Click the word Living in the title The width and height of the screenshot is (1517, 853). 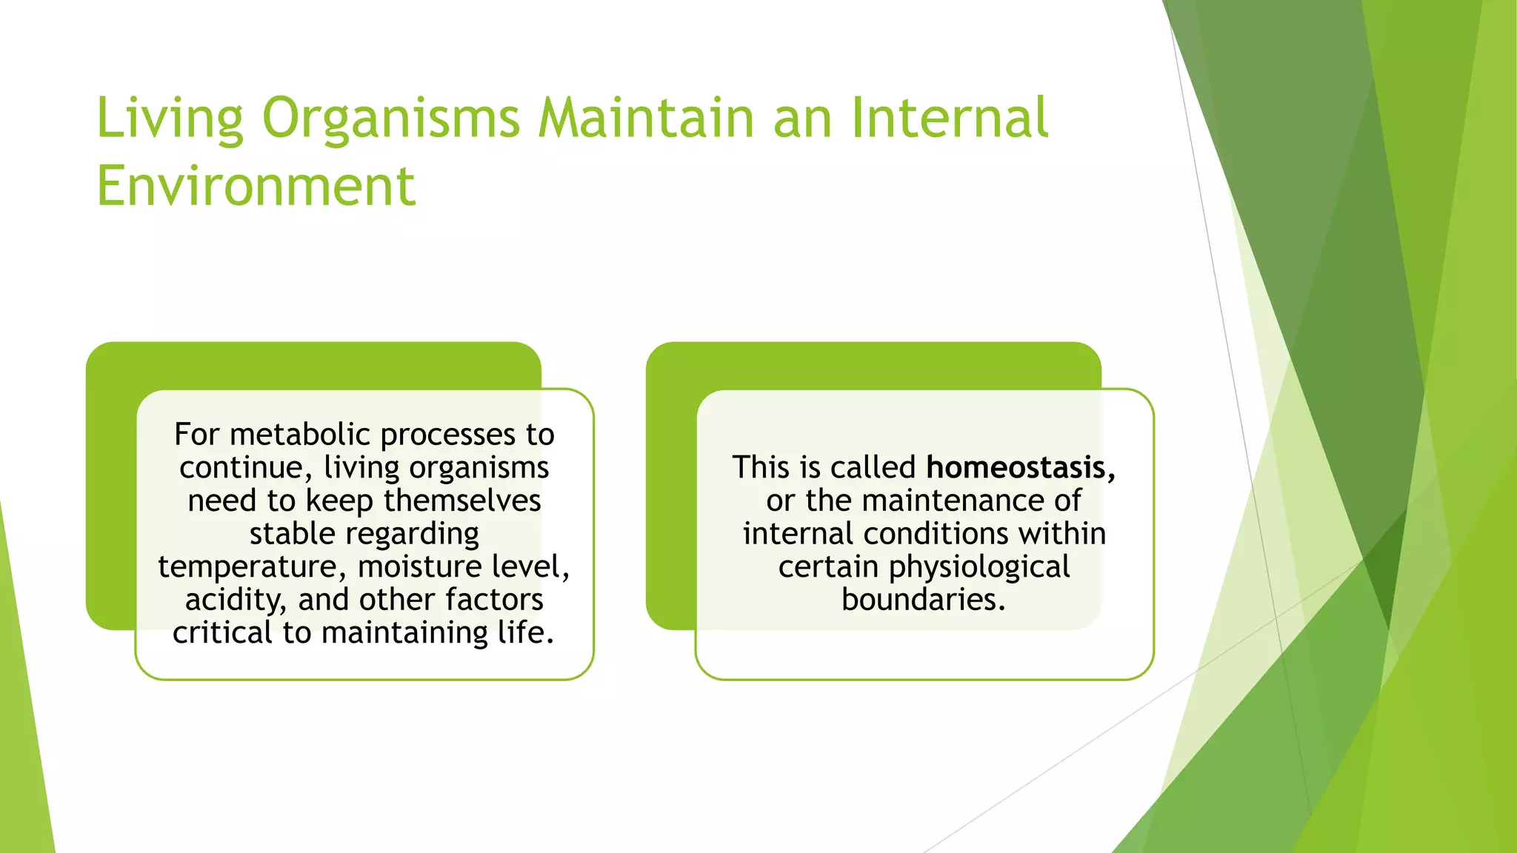pos(170,118)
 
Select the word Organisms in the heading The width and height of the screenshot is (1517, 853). pos(391,118)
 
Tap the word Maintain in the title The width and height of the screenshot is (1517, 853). pos(646,118)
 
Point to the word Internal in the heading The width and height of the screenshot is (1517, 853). pos(950,118)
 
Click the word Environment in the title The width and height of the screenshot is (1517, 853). pos(256,187)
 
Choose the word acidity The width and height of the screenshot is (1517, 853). pos(235,600)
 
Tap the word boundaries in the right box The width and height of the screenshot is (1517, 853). pos(922,600)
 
